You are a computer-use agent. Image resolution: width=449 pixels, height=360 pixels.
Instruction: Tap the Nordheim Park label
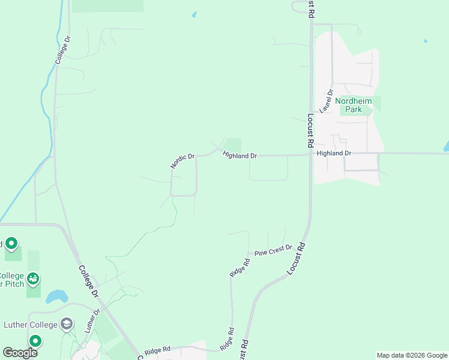pyautogui.click(x=354, y=105)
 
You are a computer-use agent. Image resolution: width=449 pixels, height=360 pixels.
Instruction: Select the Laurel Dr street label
pyautogui.click(x=327, y=101)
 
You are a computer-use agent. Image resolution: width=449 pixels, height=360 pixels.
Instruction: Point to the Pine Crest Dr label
pyautogui.click(x=273, y=250)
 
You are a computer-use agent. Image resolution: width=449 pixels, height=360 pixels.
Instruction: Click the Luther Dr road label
pyautogui.click(x=92, y=322)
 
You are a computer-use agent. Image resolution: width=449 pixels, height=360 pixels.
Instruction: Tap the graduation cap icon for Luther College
pyautogui.click(x=67, y=325)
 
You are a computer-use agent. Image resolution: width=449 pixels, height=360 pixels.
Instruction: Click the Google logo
pyautogui.click(x=20, y=353)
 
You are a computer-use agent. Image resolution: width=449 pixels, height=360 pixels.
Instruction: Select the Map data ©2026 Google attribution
pyautogui.click(x=412, y=355)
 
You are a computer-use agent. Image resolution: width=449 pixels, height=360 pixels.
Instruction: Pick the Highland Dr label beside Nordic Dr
pyautogui.click(x=240, y=155)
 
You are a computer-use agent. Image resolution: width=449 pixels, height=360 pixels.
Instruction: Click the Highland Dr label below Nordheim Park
pyautogui.click(x=334, y=154)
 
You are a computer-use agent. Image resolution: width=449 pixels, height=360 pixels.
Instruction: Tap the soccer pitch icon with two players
pyautogui.click(x=34, y=278)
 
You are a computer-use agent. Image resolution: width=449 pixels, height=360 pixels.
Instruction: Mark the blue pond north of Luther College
pyautogui.click(x=56, y=296)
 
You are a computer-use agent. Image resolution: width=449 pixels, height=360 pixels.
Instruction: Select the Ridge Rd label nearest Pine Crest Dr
pyautogui.click(x=240, y=267)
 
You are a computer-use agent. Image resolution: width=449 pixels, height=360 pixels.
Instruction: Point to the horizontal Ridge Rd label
pyautogui.click(x=157, y=349)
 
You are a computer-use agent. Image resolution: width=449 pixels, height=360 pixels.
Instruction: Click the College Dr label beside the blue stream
pyautogui.click(x=63, y=50)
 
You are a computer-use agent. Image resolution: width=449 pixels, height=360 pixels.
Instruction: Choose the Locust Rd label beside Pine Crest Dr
pyautogui.click(x=297, y=259)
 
